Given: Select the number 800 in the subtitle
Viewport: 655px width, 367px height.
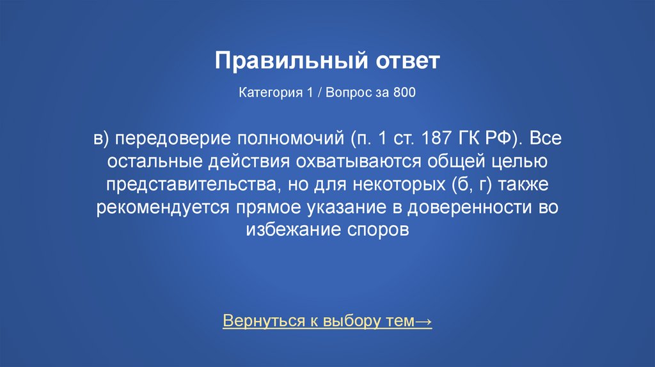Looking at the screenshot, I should click(405, 93).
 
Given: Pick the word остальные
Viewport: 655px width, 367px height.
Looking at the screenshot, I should click(152, 162).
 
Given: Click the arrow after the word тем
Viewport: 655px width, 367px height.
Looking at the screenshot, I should click(423, 321).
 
